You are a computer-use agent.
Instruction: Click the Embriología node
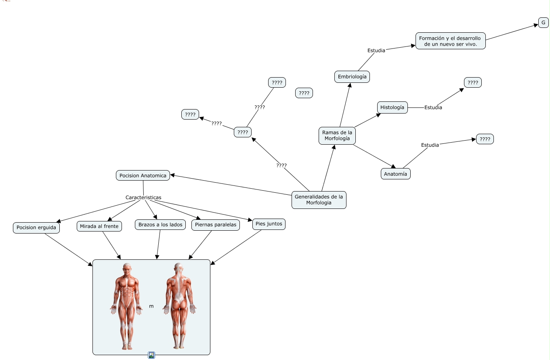coord(352,77)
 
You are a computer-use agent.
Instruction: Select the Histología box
coord(392,107)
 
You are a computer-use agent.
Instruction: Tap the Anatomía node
coord(395,174)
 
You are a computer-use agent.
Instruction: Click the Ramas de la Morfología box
coord(337,136)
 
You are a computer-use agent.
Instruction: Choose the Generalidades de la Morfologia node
coord(319,200)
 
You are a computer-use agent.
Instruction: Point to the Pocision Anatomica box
coord(143,175)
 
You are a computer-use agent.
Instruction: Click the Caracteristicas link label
coord(143,197)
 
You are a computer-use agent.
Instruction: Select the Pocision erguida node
coord(36,227)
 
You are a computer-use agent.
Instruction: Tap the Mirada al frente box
coord(99,226)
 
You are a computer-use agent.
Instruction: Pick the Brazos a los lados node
coord(160,225)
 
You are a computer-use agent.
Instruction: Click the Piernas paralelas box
coord(215,225)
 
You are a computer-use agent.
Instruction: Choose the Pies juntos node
coord(269,224)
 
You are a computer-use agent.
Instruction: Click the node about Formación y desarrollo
coord(450,41)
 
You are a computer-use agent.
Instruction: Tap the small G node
coord(543,23)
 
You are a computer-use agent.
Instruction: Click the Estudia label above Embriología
coord(376,51)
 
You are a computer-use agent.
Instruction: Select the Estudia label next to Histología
coord(433,107)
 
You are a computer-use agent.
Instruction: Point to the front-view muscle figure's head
coord(127,269)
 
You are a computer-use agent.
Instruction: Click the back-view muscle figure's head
coord(178,268)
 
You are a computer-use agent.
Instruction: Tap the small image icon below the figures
coord(151,355)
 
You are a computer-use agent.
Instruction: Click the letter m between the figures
coord(151,306)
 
